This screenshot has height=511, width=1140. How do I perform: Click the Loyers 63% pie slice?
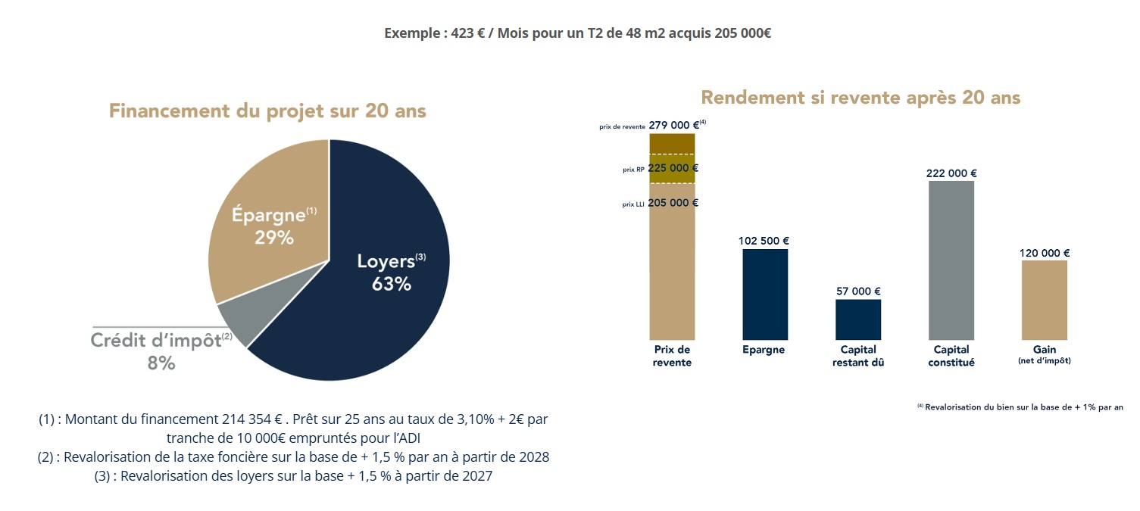click(x=379, y=303)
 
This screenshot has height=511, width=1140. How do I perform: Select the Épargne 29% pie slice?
click(x=265, y=212)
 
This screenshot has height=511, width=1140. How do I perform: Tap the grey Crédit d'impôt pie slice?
click(x=235, y=321)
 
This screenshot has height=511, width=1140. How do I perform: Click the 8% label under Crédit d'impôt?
click(x=161, y=363)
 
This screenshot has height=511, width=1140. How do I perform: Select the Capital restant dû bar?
click(x=858, y=319)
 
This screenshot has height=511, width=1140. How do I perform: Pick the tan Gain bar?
click(x=1045, y=300)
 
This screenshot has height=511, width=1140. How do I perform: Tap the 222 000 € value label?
click(x=951, y=173)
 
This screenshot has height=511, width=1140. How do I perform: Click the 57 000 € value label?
click(x=858, y=291)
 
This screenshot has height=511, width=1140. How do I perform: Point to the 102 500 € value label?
click(x=764, y=241)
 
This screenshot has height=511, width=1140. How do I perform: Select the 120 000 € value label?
click(x=1045, y=254)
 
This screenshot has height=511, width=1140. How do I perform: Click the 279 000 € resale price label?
click(x=673, y=126)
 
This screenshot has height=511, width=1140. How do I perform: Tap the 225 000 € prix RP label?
click(x=673, y=168)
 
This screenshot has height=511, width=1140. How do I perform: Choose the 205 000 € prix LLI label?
click(x=673, y=203)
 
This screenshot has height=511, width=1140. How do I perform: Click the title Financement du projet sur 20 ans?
click(x=267, y=111)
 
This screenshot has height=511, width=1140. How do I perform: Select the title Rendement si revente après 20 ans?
click(x=860, y=98)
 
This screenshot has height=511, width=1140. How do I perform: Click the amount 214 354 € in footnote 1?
click(x=252, y=419)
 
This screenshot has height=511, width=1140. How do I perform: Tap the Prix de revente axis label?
click(x=672, y=356)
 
